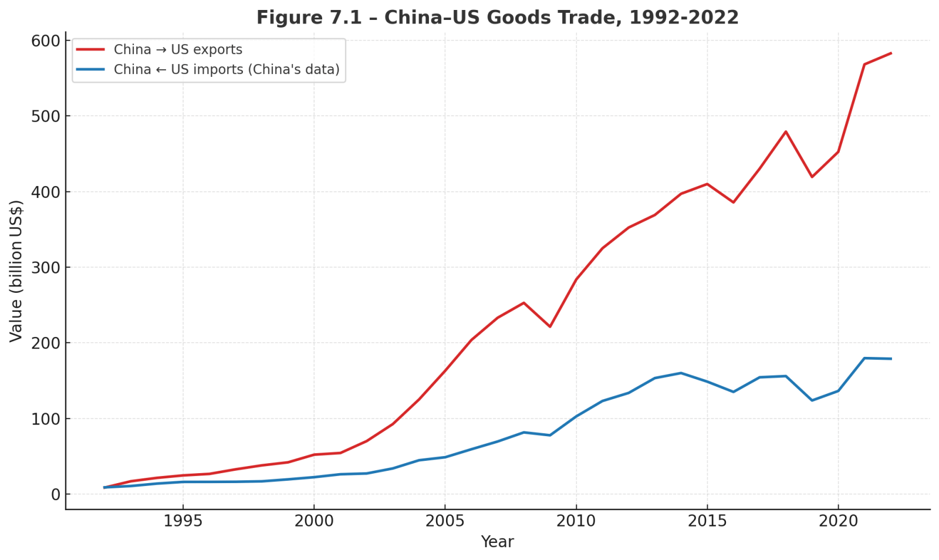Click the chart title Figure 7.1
coord(497,18)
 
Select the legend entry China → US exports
coord(178,50)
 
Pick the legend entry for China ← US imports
coord(227,70)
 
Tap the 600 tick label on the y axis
coord(47,41)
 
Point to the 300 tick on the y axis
coord(47,268)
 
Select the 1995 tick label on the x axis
coord(183,521)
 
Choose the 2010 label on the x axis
coord(576,521)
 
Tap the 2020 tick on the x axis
coord(837,521)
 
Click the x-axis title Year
coord(497,542)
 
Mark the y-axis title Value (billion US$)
coord(16,271)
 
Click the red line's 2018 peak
coord(785,131)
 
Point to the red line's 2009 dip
coord(550,326)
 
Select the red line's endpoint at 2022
coord(891,53)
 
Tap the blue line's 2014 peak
coord(681,373)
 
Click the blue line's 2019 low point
coord(812,400)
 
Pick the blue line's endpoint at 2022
coord(891,359)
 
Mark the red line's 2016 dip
coord(733,203)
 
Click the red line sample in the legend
coord(90,50)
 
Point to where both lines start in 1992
coord(104,487)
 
